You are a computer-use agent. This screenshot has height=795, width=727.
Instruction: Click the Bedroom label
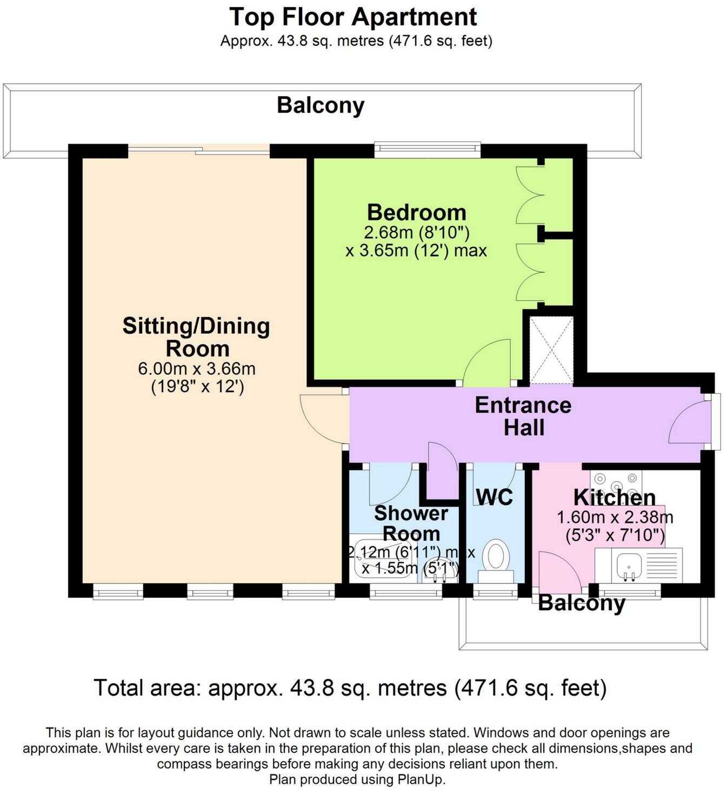coord(416,212)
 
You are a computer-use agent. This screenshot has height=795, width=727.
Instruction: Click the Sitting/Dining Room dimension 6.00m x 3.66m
coord(197,369)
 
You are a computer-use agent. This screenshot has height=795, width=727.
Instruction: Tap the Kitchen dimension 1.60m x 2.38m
coord(615,517)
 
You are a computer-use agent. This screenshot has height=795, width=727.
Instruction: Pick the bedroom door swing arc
coord(485,362)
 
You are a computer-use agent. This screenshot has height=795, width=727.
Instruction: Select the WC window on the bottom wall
coord(495,593)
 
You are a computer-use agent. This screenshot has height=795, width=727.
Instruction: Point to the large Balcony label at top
coord(321,105)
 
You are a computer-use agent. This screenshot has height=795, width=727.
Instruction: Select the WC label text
coord(495,497)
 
